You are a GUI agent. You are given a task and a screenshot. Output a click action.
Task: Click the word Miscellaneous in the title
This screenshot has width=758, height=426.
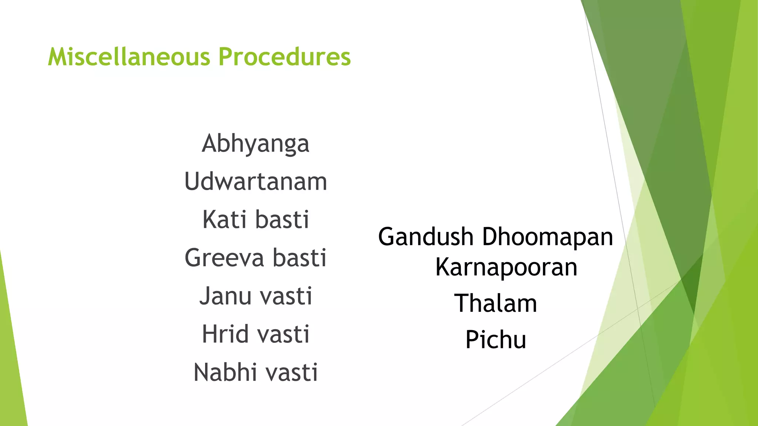pyautogui.click(x=129, y=57)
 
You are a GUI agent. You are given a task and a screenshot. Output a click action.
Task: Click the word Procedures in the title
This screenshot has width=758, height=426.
pyautogui.click(x=284, y=57)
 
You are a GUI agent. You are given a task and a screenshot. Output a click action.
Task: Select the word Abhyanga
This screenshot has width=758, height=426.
pyautogui.click(x=255, y=144)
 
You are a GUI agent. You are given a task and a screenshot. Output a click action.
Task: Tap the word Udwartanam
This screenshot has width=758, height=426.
pyautogui.click(x=255, y=182)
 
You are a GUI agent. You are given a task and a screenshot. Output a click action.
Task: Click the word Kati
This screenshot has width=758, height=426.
pyautogui.click(x=224, y=220)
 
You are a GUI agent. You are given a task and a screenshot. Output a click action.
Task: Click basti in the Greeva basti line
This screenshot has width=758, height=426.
pyautogui.click(x=300, y=258)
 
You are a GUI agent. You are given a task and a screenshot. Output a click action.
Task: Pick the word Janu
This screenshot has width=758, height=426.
pyautogui.click(x=226, y=297)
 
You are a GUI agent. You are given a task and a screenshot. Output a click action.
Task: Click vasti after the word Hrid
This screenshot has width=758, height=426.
pyautogui.click(x=283, y=334)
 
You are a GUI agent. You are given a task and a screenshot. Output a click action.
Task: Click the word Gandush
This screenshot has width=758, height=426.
pyautogui.click(x=426, y=237)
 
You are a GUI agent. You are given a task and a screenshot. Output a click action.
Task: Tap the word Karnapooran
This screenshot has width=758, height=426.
pyautogui.click(x=506, y=267)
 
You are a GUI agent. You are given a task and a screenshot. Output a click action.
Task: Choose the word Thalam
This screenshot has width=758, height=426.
pyautogui.click(x=496, y=304)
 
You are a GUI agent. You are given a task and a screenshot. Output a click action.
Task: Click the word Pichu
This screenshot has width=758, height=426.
pyautogui.click(x=496, y=339)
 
